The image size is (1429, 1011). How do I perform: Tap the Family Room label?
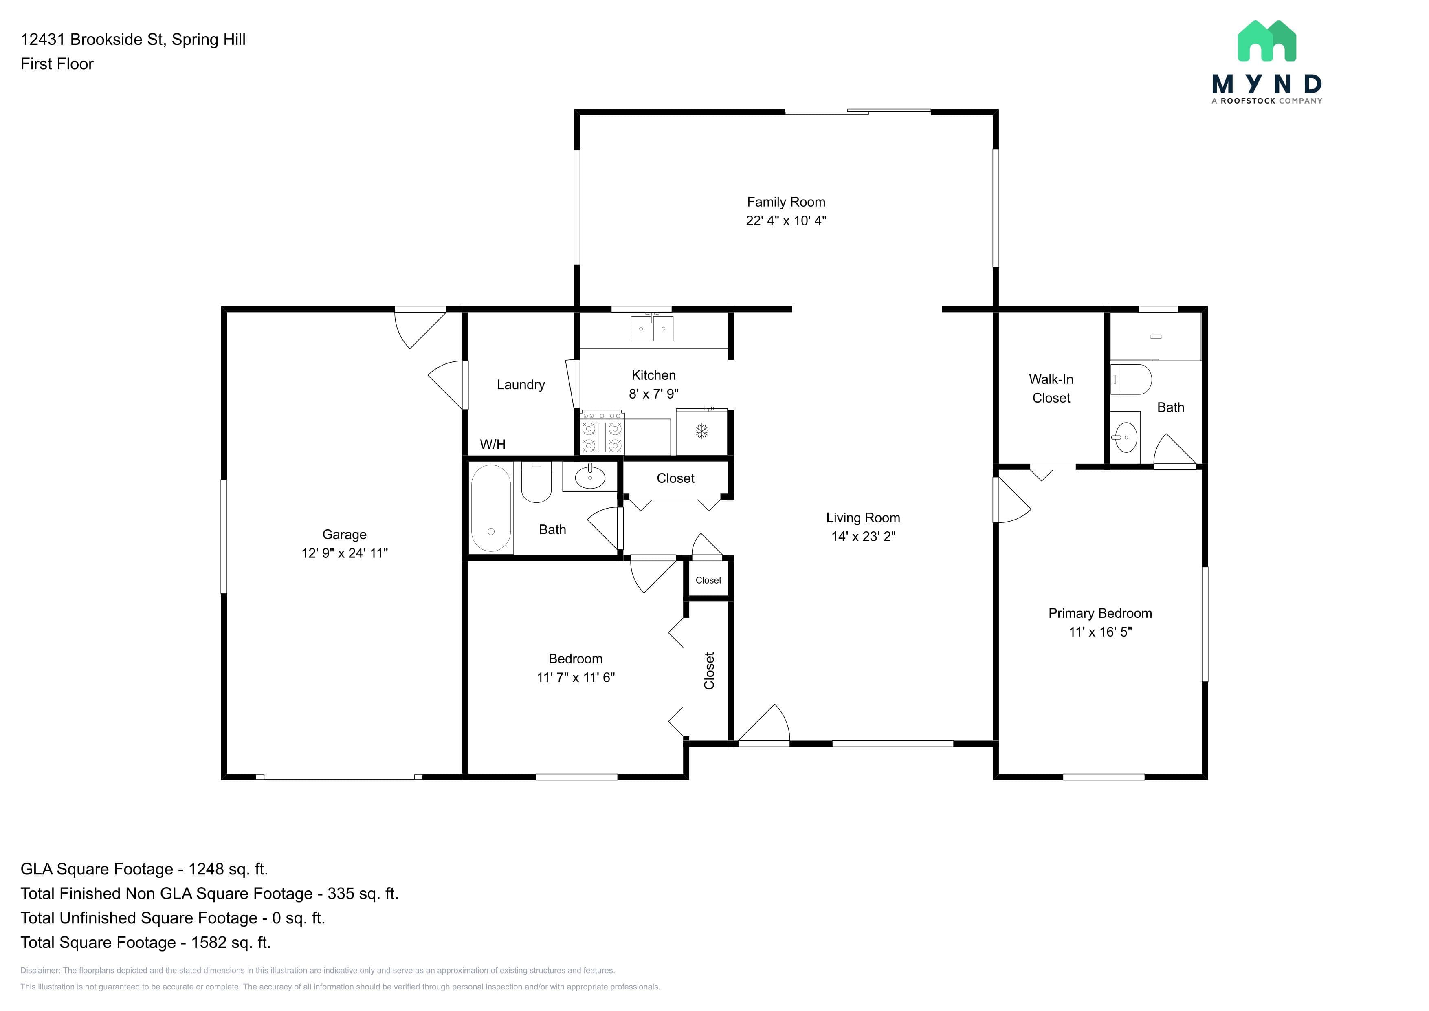point(786,203)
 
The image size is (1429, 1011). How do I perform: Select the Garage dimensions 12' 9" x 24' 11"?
point(344,553)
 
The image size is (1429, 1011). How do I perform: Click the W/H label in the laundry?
point(492,445)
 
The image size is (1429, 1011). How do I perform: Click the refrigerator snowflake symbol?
point(701,432)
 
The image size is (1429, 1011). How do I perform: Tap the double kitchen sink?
point(652,328)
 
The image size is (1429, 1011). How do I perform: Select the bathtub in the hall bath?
point(491,509)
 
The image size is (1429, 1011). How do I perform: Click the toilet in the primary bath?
point(1131,379)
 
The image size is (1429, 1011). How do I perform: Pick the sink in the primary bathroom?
point(1125,437)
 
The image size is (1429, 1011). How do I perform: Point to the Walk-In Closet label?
point(1051,388)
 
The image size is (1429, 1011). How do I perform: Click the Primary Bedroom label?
point(1100,613)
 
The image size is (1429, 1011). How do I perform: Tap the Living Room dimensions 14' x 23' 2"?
point(863,536)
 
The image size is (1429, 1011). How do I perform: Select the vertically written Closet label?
point(709,670)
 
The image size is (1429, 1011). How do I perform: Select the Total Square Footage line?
point(146,943)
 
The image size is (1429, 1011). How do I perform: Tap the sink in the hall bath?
point(590,477)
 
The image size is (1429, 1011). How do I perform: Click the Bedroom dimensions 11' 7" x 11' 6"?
point(576,677)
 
